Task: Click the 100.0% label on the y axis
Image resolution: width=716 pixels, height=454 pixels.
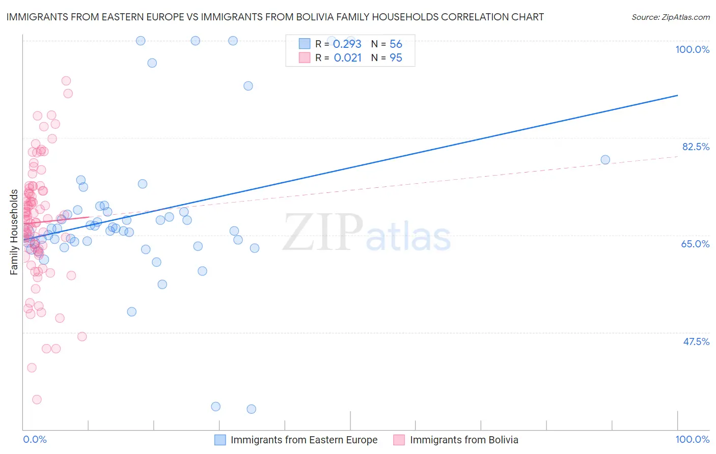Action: [692, 49]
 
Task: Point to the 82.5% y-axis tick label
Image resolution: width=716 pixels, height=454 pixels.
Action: [696, 147]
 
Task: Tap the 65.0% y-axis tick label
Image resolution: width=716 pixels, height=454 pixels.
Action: [695, 244]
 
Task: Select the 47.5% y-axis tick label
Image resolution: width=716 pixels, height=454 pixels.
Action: [696, 342]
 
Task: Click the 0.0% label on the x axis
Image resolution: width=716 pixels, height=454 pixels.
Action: [35, 439]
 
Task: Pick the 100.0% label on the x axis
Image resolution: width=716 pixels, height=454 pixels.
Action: [692, 439]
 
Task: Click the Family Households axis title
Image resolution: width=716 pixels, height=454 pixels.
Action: [14, 232]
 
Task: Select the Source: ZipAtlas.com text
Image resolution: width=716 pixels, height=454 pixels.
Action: [670, 17]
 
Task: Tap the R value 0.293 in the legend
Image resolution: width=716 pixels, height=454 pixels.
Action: [347, 44]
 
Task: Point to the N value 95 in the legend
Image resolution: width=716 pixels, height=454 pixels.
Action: [396, 58]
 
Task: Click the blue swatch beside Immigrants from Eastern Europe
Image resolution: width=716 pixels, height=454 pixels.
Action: [220, 440]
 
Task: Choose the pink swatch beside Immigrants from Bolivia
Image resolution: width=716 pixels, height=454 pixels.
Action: [399, 440]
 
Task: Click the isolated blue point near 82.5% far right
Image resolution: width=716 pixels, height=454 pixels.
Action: [605, 160]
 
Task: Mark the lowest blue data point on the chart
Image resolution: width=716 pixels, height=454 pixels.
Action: [251, 409]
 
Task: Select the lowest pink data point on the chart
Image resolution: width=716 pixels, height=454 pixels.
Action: [37, 400]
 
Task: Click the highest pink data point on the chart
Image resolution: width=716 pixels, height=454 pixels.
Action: [66, 81]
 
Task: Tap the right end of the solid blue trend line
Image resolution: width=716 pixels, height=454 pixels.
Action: [677, 95]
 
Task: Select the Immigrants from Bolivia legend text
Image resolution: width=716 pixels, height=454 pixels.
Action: [464, 440]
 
